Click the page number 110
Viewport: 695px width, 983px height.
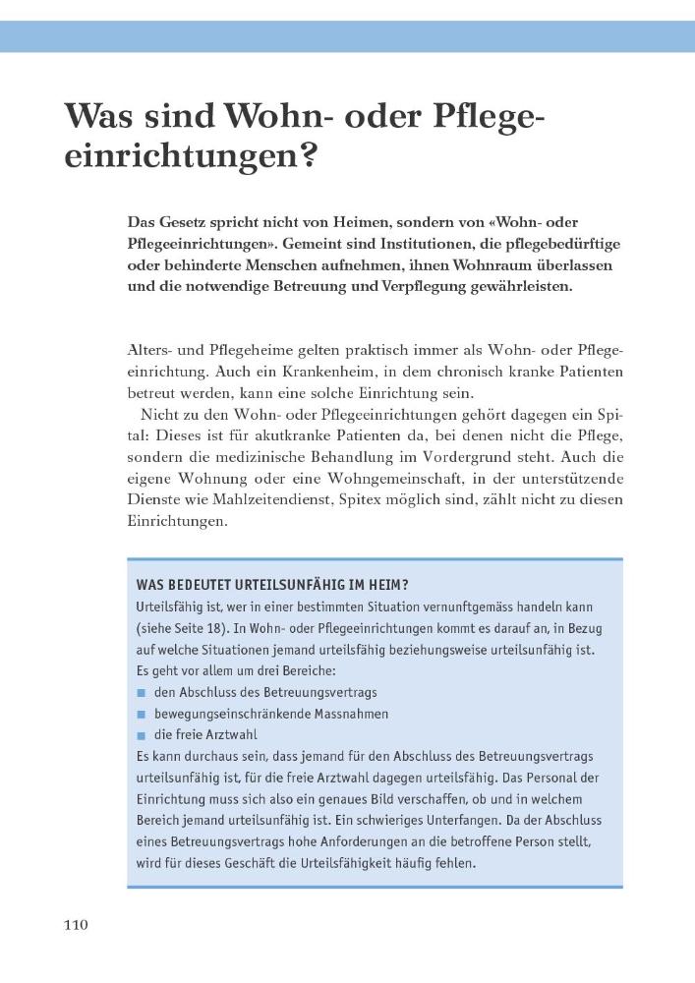[x=77, y=925]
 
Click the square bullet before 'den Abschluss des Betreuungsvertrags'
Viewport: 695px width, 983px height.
[x=142, y=693]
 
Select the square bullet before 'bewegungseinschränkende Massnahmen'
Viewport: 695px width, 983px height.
[x=142, y=715]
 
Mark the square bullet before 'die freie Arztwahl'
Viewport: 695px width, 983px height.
[x=142, y=736]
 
